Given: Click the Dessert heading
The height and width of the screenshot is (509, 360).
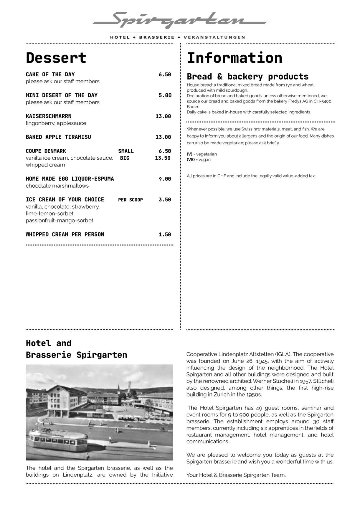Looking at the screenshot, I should [56, 58].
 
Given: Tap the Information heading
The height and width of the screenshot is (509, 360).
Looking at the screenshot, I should [235, 58].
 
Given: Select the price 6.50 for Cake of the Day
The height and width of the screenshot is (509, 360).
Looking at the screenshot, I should [165, 75].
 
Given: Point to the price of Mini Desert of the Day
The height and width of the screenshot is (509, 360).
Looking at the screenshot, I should [165, 95].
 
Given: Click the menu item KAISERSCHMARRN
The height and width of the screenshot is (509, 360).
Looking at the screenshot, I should [49, 116].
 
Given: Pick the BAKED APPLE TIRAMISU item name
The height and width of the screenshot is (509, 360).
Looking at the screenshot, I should [58, 137].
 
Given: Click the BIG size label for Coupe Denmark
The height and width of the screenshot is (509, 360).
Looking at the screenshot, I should [125, 158].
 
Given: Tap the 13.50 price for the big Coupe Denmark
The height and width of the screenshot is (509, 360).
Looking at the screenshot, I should [163, 158].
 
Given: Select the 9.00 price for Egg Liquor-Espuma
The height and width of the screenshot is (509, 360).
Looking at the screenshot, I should [165, 179].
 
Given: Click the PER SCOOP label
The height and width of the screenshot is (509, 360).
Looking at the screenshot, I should [131, 200].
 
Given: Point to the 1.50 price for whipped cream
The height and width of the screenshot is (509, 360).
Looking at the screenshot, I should [165, 235].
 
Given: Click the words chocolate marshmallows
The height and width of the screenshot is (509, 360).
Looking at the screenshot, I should [57, 186].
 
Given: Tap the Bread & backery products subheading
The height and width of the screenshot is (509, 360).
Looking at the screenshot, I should [247, 77].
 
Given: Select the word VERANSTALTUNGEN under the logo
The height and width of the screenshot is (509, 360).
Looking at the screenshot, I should [214, 37].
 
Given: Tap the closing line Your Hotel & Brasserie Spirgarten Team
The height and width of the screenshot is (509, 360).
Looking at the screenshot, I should [236, 475].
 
